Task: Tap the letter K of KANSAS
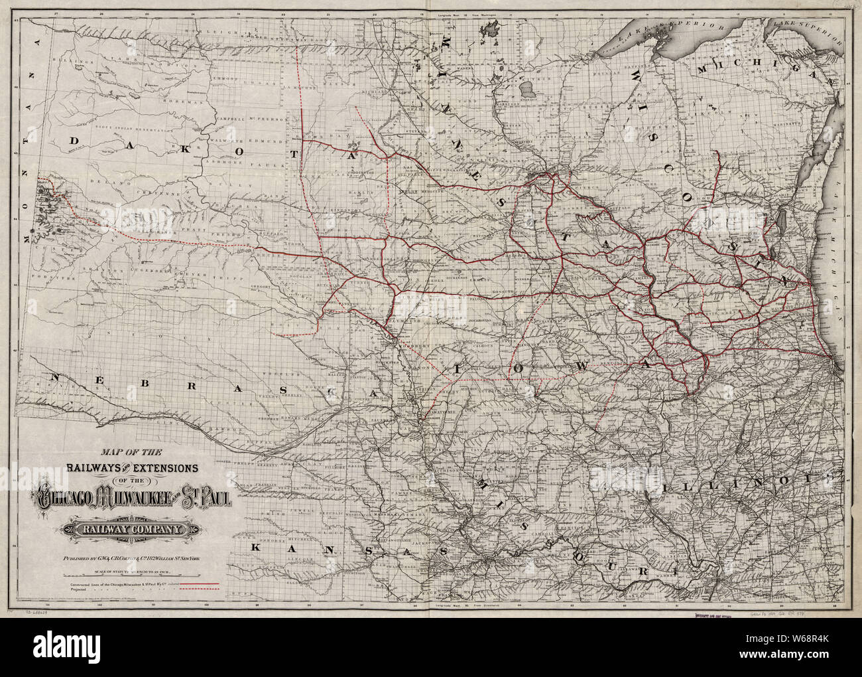[257, 548]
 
